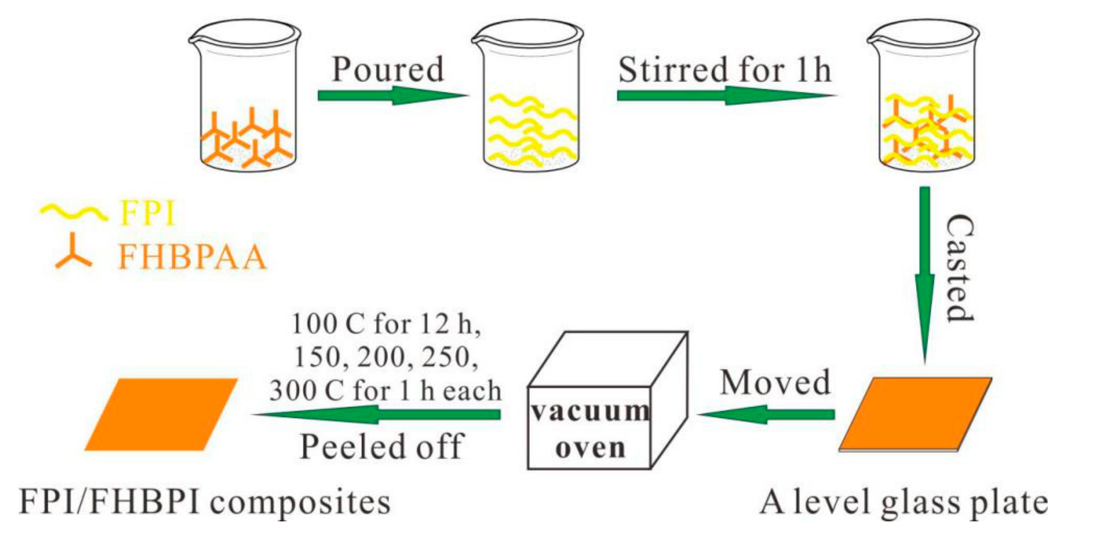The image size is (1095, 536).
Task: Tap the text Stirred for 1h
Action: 725,70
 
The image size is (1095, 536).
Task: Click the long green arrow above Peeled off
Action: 376,414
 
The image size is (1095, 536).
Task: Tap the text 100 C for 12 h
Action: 386,325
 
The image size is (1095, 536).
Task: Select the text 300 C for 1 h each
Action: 385,391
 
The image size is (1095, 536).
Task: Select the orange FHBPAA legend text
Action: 192,257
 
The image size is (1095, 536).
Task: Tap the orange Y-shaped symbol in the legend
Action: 74,253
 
